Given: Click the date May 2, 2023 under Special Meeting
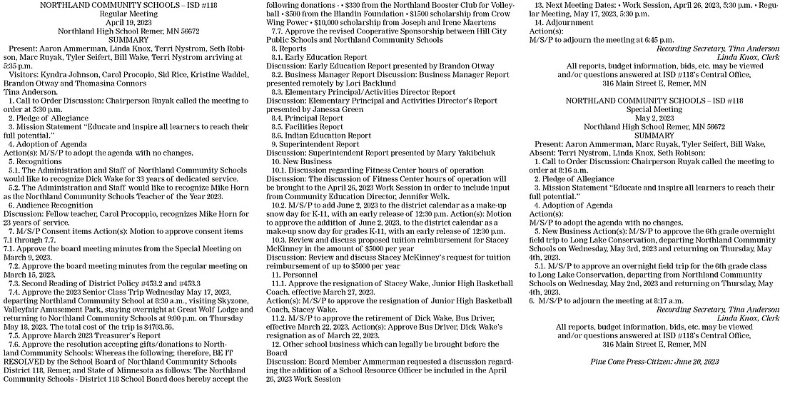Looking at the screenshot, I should pos(661,116).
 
